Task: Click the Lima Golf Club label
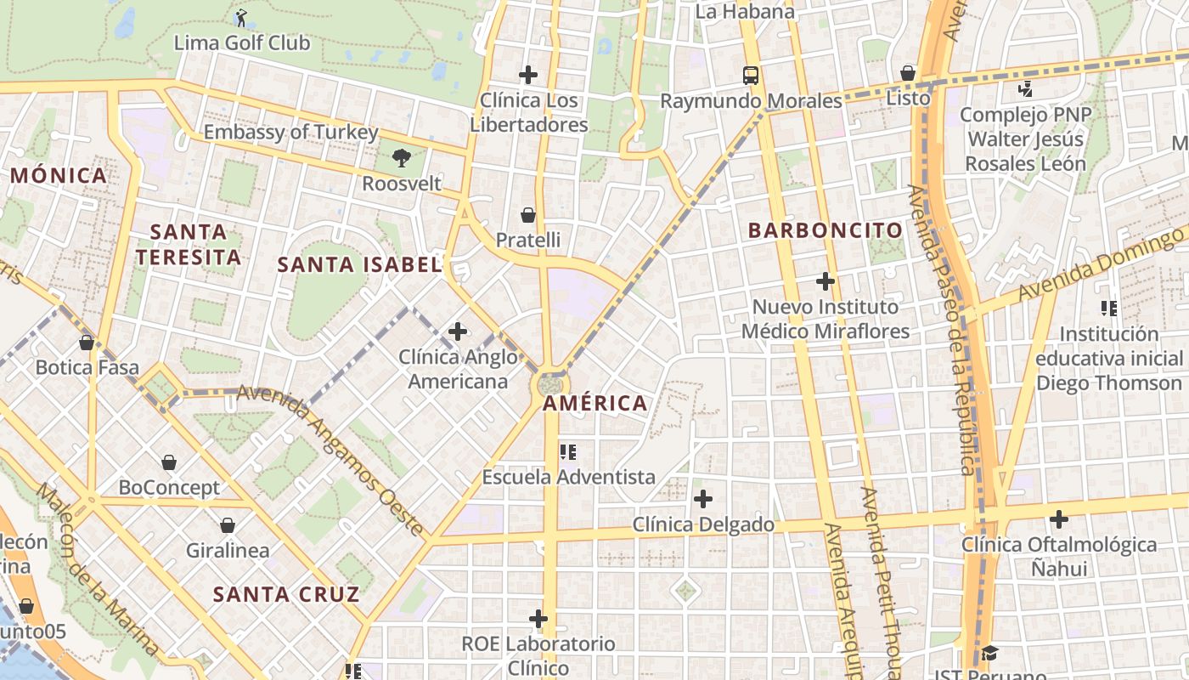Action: tap(242, 42)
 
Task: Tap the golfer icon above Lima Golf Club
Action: tap(241, 17)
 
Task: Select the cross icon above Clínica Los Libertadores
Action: tap(528, 75)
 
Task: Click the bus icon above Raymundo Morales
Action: tap(751, 75)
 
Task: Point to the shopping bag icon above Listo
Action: tap(908, 73)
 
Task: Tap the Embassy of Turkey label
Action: tap(290, 132)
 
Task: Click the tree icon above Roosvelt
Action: tap(402, 157)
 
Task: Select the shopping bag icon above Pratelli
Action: tap(528, 215)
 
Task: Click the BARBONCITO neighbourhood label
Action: tap(825, 230)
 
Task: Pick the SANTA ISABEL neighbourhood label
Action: tap(360, 264)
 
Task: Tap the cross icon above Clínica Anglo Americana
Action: tap(458, 331)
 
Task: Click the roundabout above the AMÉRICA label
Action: tap(549, 385)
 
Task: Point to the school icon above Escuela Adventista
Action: tap(568, 451)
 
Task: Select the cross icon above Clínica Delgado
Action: tap(703, 499)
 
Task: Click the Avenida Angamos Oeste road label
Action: tap(331, 460)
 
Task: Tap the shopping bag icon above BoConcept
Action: tap(169, 462)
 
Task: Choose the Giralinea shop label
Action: tap(227, 550)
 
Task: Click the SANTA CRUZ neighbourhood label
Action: tap(286, 593)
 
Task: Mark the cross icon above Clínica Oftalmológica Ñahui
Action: tap(1058, 518)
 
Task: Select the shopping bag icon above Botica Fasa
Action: tap(86, 343)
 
